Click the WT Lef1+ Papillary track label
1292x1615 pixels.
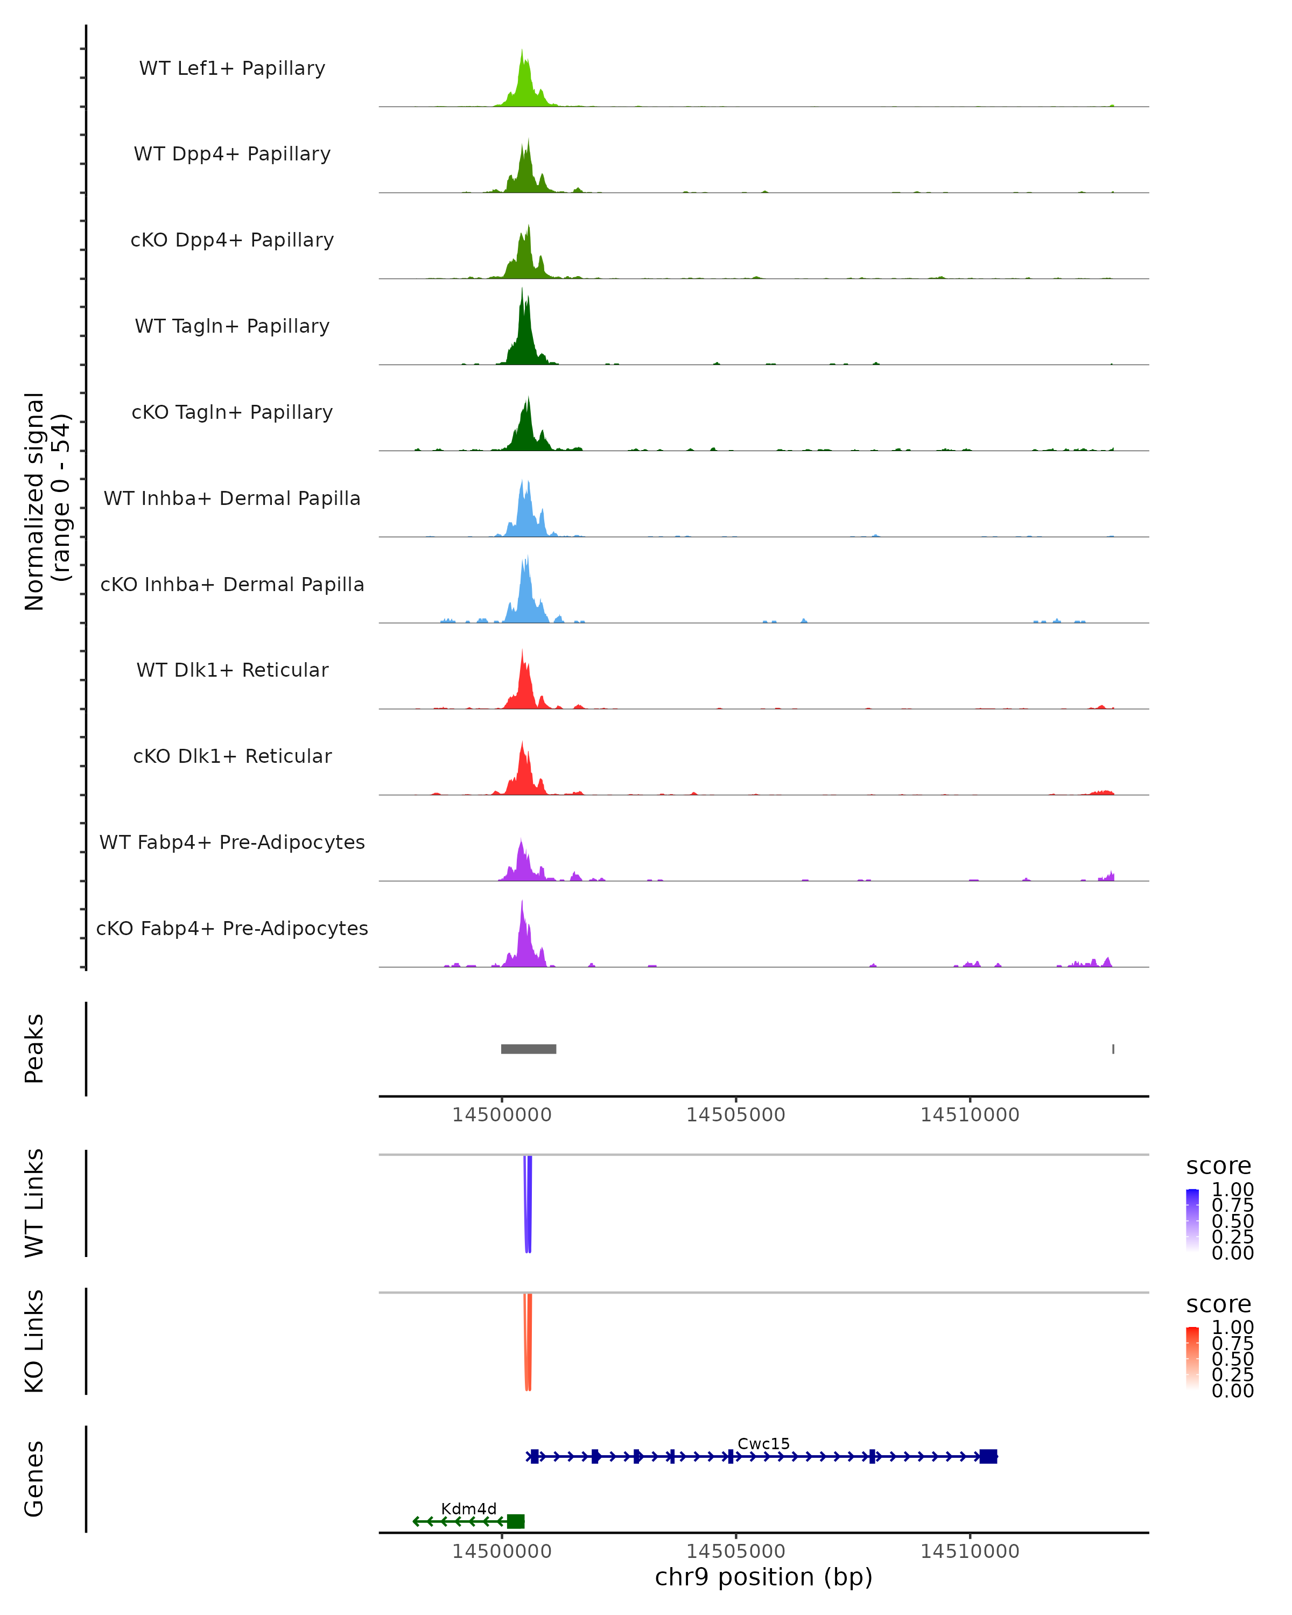[x=232, y=68]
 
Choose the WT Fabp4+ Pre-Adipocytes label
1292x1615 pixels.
[x=232, y=842]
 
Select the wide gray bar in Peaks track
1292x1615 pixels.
[x=528, y=1049]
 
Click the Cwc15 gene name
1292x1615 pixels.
[x=763, y=1443]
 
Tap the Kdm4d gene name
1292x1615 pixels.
[x=468, y=1508]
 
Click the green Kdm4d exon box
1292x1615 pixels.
[x=515, y=1521]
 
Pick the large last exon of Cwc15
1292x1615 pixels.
[x=988, y=1456]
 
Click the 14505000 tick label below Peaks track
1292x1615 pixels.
[x=735, y=1115]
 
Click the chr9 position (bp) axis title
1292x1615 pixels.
[x=763, y=1577]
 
